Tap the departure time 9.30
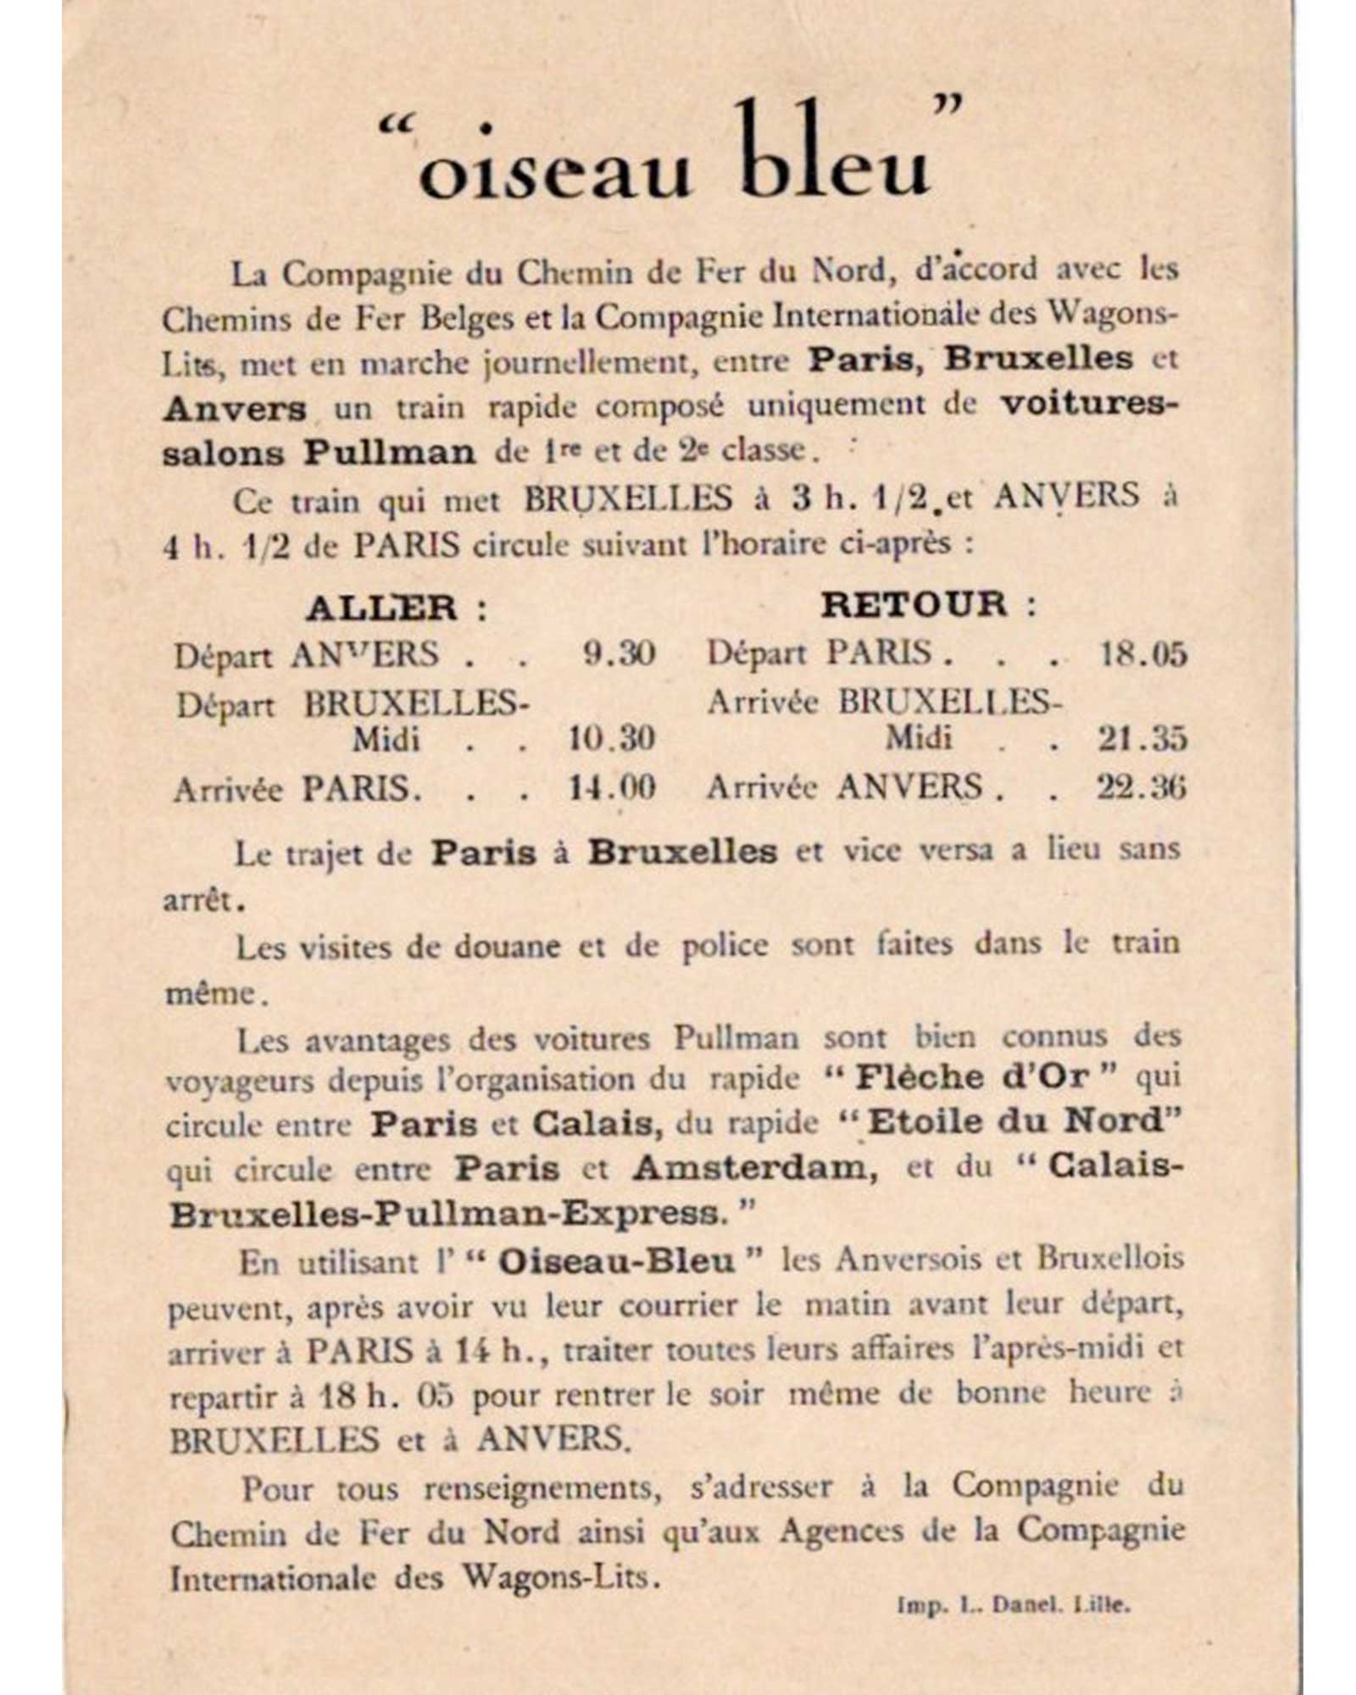619,653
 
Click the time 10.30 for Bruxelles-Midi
611,739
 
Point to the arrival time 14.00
611,788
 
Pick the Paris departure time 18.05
1142,653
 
